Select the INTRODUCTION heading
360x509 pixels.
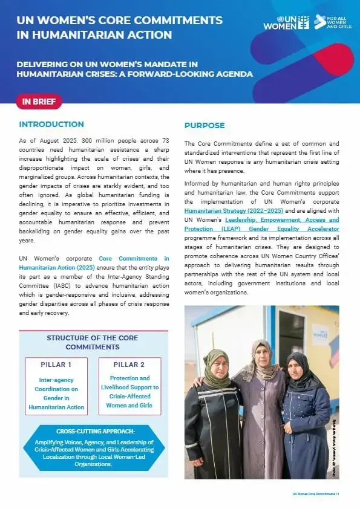51,125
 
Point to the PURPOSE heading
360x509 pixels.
204,126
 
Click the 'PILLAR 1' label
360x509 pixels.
56,365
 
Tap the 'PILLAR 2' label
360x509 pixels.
129,365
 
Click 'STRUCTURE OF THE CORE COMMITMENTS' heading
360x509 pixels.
93,342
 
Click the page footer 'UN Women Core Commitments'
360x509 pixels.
314,494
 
